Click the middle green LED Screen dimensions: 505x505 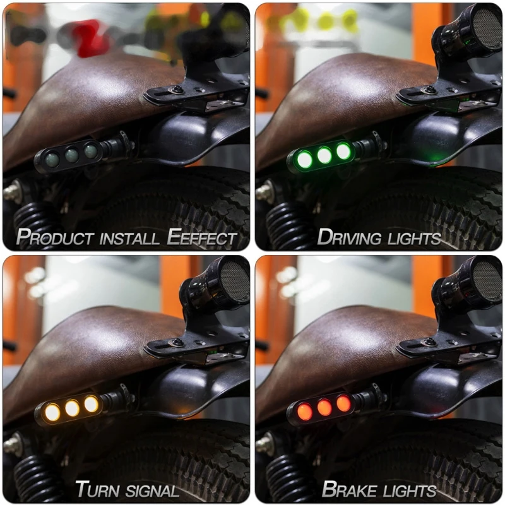(x=324, y=155)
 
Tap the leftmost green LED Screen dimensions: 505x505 (x=305, y=160)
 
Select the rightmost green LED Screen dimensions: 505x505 (x=343, y=151)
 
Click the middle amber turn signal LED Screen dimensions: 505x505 (x=72, y=408)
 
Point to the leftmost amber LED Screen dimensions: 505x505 (x=52, y=412)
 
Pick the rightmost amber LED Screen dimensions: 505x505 (x=91, y=404)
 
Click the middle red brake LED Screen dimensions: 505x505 (x=324, y=408)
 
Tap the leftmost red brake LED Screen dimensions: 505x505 (x=305, y=412)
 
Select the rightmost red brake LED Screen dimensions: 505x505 (x=343, y=403)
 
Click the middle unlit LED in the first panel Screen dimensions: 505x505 (x=72, y=155)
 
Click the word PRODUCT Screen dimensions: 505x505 (x=50, y=238)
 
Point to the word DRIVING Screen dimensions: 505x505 (x=348, y=238)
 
